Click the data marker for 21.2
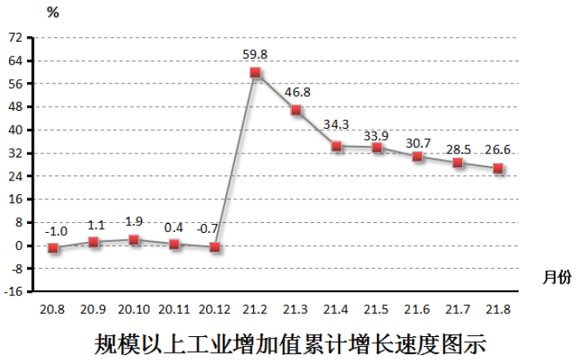click(256, 73)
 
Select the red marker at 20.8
click(53, 248)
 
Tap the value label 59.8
click(256, 55)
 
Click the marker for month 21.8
click(497, 169)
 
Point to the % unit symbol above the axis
click(53, 12)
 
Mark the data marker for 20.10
click(134, 240)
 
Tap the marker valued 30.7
click(417, 157)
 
